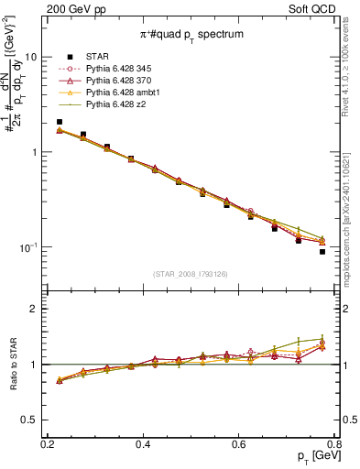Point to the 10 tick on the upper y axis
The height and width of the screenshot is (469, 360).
pyautogui.click(x=31, y=56)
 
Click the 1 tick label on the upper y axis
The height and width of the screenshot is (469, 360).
pyautogui.click(x=34, y=152)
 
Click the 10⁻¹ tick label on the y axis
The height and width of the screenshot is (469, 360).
pyautogui.click(x=28, y=247)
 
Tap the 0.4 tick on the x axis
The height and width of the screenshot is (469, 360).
pyautogui.click(x=143, y=443)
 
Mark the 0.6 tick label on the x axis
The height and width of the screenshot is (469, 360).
pyautogui.click(x=239, y=443)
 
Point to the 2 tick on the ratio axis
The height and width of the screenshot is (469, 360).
pyautogui.click(x=34, y=309)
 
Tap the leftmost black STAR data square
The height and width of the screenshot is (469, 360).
pyautogui.click(x=60, y=122)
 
